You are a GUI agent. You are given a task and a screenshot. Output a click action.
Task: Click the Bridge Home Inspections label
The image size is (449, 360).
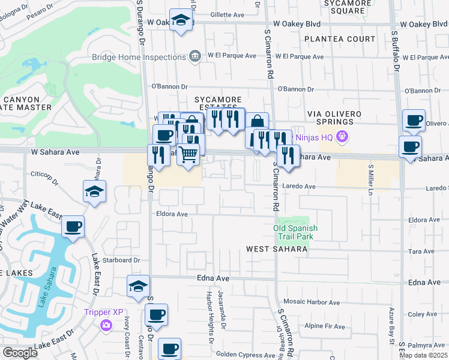139,57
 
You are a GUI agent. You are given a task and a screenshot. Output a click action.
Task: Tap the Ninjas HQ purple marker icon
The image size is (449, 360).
343,136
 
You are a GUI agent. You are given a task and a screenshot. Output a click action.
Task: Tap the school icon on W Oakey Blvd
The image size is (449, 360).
181,20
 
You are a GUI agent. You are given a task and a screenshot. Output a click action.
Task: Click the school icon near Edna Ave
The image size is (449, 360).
138,286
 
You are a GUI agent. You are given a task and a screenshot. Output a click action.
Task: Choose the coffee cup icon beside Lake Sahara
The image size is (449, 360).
73,227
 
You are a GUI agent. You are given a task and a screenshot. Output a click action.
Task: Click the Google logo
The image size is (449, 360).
20,353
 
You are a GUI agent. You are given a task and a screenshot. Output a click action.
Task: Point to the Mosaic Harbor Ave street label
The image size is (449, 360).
312,303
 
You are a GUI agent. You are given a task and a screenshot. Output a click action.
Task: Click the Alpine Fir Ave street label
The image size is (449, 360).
325,326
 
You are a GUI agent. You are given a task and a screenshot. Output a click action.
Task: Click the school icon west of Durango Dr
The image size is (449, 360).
94,192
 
